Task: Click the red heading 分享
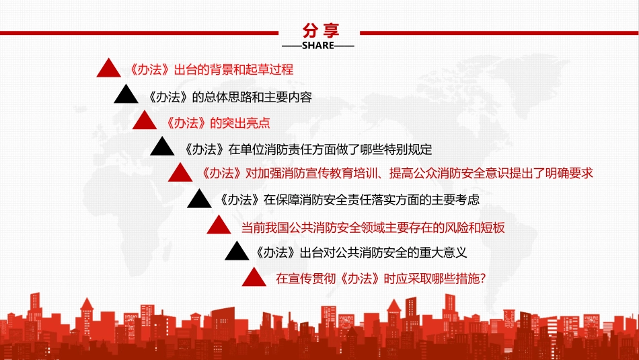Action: [x=321, y=30]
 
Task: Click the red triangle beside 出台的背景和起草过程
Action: [x=108, y=69]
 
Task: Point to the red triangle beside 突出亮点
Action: [x=145, y=121]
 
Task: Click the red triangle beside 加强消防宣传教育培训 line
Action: [x=180, y=173]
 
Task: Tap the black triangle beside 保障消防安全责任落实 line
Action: [x=198, y=199]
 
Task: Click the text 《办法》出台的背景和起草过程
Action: [x=211, y=69]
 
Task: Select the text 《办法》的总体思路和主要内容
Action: [x=229, y=96]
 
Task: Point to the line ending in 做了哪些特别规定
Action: [x=307, y=149]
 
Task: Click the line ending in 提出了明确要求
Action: [x=396, y=173]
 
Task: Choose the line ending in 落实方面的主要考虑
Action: [x=348, y=200]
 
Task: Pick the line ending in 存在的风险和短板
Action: [x=373, y=227]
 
